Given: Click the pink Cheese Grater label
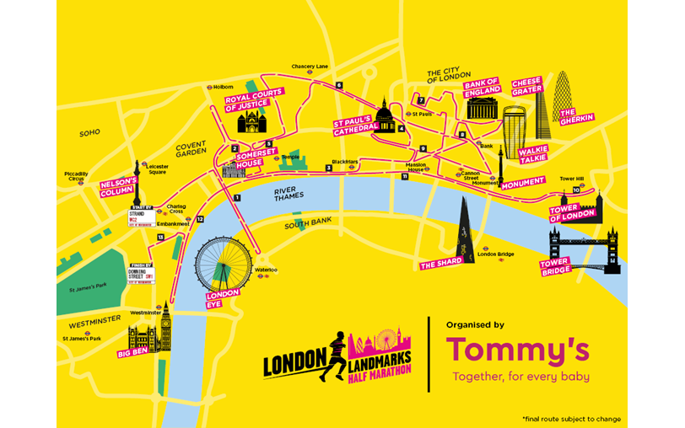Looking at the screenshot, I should (526, 86).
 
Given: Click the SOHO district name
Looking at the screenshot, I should (89, 133).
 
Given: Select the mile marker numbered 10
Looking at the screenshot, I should (575, 190).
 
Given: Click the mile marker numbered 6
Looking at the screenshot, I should (338, 85).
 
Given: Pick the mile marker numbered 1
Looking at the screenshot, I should (238, 198).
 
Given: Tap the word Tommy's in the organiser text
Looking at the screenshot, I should (517, 349).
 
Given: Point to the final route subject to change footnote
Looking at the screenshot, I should (571, 419).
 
